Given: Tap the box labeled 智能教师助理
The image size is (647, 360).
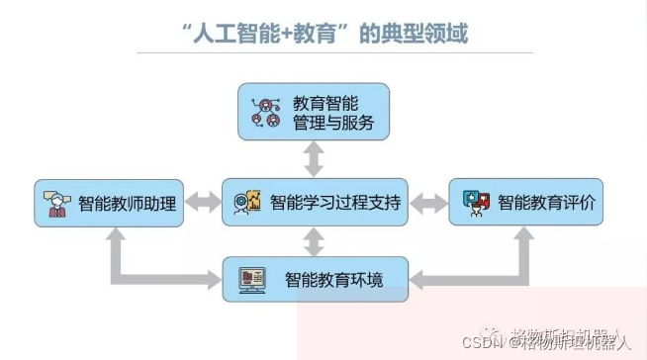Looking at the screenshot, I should point(109,204).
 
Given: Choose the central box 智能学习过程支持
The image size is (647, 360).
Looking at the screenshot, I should point(314,204).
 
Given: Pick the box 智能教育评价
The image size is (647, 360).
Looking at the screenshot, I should point(525,204).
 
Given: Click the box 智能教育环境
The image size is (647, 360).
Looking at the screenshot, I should point(315,279).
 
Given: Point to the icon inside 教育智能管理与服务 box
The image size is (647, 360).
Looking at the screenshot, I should point(267,113).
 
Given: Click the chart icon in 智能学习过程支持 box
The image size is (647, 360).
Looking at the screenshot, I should point(248,203).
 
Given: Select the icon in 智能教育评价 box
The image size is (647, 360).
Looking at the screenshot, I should point(476,204).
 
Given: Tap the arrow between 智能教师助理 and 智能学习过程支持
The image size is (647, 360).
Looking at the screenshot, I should point(203,204).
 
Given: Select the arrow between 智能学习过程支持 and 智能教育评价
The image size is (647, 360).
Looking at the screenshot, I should point(428,204).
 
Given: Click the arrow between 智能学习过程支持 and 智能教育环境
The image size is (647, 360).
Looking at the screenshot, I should point(315,242).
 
